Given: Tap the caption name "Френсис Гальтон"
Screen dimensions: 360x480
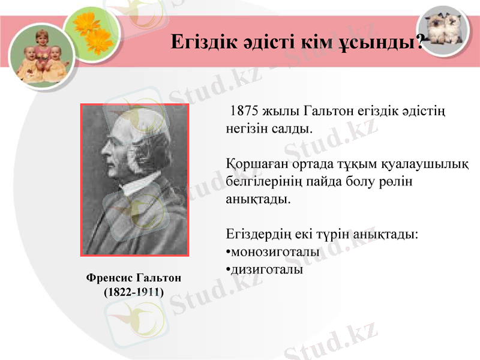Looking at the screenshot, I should click(133, 278).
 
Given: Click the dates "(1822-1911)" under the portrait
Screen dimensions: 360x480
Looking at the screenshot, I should click(133, 292).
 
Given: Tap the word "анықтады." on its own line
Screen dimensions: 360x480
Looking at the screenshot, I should click(258, 198).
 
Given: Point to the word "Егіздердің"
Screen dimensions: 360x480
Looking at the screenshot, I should click(259, 234).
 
